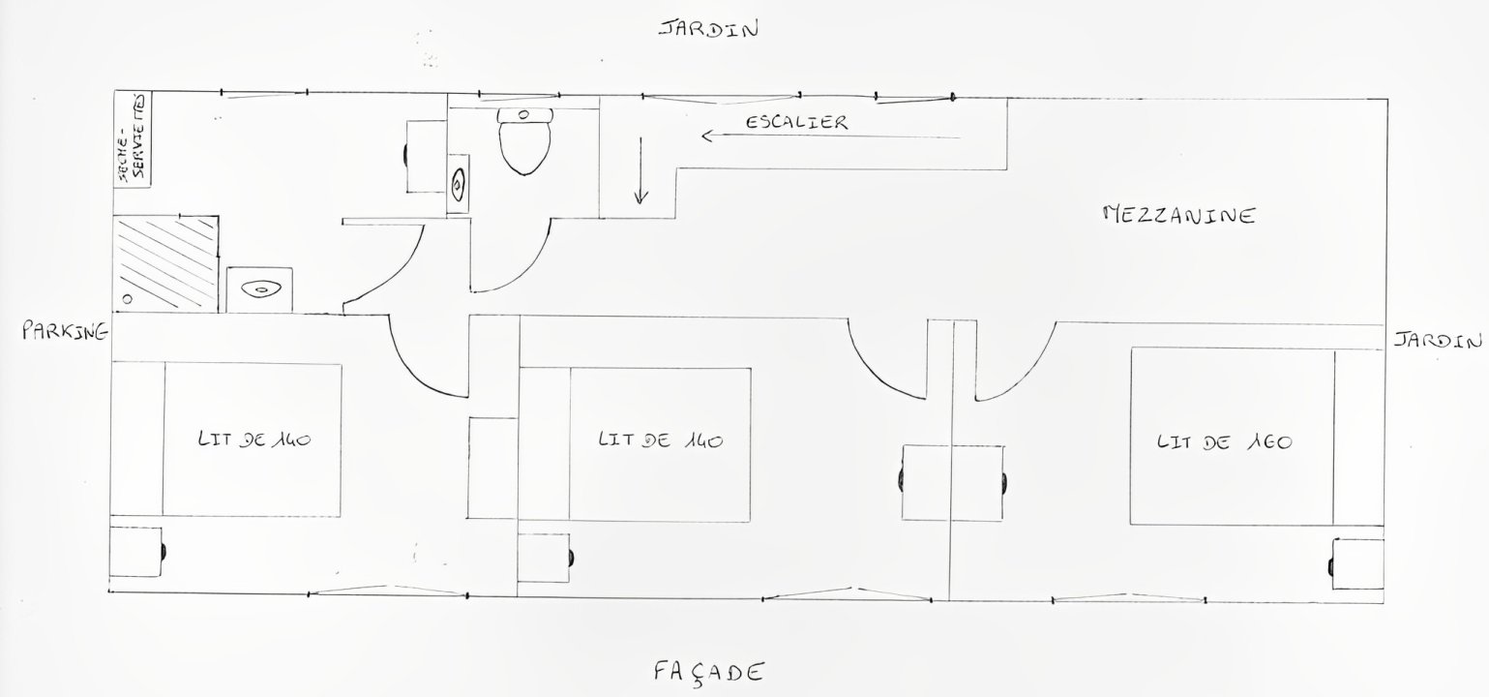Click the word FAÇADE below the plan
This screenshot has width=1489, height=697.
pos(708,673)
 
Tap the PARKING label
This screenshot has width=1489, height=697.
pos(65,330)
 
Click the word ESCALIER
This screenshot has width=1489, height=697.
pos(796,122)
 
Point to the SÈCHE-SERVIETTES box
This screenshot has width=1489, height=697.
pos(133,139)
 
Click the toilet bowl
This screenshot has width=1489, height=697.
pos(525,141)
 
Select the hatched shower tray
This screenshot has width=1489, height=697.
pos(165,263)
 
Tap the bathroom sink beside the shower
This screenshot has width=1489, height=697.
pos(260,289)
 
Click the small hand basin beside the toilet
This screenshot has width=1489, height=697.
pos(458,184)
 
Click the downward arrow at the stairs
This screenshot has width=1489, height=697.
pos(640,171)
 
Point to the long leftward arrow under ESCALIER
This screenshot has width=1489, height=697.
pos(831,136)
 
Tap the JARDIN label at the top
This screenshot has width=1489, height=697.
pos(708,29)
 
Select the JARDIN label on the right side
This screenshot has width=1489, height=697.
pos(1438,341)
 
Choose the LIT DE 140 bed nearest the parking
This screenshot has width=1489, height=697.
pos(252,439)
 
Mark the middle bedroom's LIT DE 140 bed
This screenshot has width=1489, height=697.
pos(660,444)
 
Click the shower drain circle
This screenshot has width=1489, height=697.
pos(127,299)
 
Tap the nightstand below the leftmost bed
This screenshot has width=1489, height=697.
pos(137,552)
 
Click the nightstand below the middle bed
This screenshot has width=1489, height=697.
pos(545,558)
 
